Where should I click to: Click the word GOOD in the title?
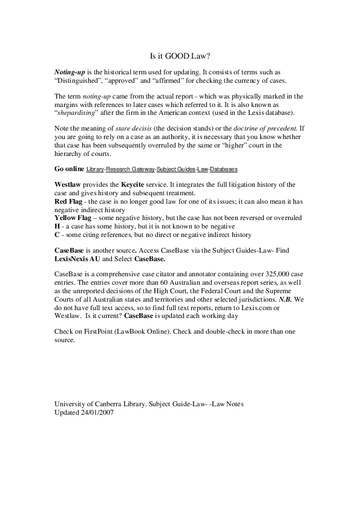coord(180,55)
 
